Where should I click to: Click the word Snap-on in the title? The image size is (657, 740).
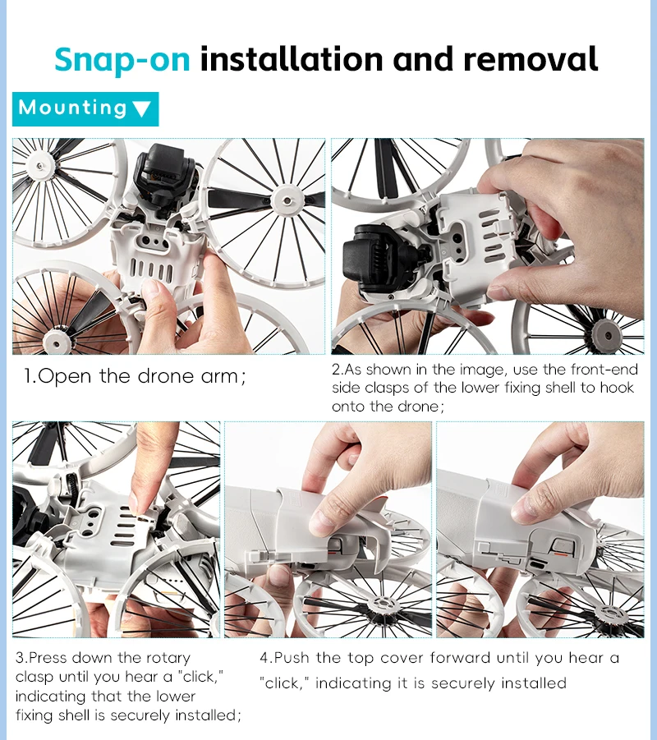tap(122, 60)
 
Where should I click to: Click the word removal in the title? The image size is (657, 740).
tap(531, 59)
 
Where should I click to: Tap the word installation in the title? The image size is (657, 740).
tap(292, 59)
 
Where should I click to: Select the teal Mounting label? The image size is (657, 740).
tap(85, 109)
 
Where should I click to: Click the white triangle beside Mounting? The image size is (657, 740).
tap(141, 109)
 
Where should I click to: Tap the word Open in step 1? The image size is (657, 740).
tap(64, 378)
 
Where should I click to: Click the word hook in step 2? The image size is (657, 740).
tap(617, 388)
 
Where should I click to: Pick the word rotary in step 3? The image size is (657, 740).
tap(168, 658)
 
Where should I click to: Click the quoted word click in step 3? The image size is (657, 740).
tap(200, 677)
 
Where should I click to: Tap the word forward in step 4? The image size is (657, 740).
tap(460, 658)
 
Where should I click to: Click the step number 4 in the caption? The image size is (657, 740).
tap(264, 658)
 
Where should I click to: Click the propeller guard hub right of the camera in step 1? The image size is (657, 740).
tap(287, 201)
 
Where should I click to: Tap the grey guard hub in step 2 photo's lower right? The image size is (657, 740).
tap(608, 336)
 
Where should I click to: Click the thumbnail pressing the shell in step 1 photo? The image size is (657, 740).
tap(153, 289)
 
